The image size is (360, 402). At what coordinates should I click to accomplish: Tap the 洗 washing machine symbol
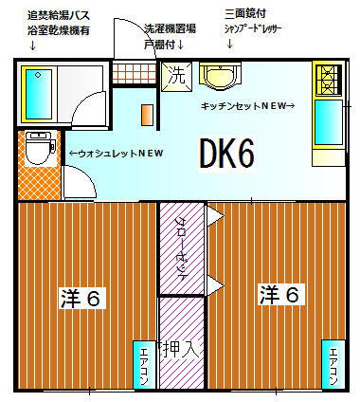[x=176, y=75]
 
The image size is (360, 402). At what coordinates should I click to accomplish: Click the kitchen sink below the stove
[x=326, y=120]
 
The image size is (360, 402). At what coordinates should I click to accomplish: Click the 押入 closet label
[x=180, y=349]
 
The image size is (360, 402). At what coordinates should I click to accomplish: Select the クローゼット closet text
[x=181, y=245]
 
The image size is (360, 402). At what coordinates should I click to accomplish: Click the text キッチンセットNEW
[x=247, y=105]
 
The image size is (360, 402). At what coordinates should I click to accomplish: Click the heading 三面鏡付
[x=244, y=14]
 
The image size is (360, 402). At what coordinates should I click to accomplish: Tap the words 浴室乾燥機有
[x=60, y=29]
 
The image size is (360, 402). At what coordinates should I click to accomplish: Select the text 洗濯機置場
[x=171, y=29]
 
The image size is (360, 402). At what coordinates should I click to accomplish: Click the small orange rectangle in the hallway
[x=147, y=113]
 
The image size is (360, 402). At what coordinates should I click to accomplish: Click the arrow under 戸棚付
[x=181, y=44]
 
